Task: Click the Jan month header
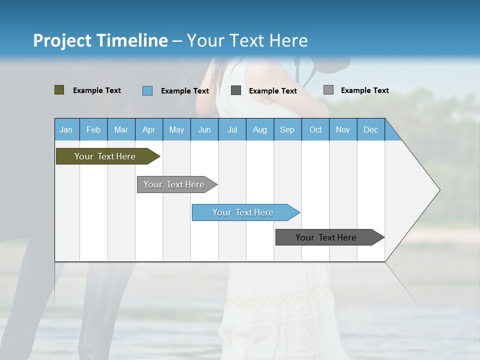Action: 66,130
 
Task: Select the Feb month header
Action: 93,130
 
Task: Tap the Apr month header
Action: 148,130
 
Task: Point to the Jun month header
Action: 204,130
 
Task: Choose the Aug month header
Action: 259,130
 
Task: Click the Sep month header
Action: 287,130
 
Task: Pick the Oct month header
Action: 315,130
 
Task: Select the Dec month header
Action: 370,130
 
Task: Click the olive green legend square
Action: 59,90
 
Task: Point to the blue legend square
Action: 147,90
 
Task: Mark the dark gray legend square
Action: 236,90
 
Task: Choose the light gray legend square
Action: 328,90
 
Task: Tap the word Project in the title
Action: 62,40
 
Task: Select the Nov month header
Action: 342,130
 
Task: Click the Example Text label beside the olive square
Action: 97,90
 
